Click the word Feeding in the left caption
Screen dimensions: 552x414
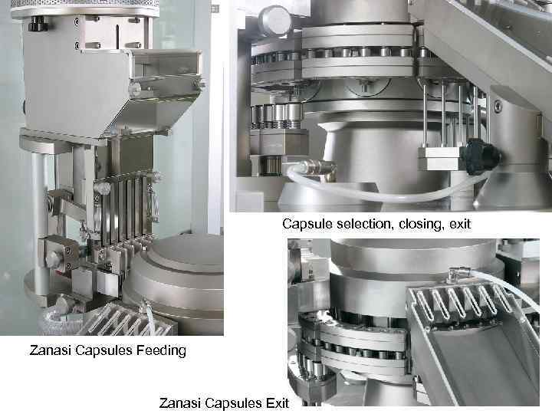[161, 351]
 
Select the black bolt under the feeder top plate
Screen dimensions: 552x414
[38, 23]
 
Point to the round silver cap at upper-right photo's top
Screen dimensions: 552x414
[275, 21]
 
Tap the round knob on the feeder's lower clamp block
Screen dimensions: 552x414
[53, 259]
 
